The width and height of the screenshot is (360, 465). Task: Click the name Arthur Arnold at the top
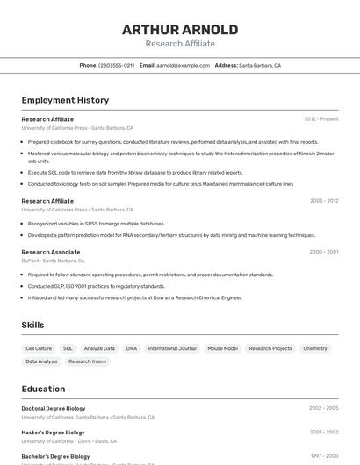pyautogui.click(x=179, y=29)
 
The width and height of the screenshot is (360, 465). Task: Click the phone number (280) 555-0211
pyautogui.click(x=117, y=65)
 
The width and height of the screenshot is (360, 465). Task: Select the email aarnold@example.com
pyautogui.click(x=183, y=65)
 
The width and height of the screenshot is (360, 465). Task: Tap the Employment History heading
pyautogui.click(x=65, y=100)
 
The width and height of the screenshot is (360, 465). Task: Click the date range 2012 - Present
pyautogui.click(x=321, y=119)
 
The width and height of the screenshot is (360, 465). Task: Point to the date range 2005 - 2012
pyautogui.click(x=324, y=201)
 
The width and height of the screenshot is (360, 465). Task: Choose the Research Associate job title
pyautogui.click(x=51, y=252)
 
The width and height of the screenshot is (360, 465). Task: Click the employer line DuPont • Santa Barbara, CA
pyautogui.click(x=53, y=261)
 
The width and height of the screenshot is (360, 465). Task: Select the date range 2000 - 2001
pyautogui.click(x=324, y=252)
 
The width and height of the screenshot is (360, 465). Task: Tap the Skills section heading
pyautogui.click(x=33, y=325)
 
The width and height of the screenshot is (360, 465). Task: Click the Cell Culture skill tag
pyautogui.click(x=39, y=348)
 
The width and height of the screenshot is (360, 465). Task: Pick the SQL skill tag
pyautogui.click(x=68, y=348)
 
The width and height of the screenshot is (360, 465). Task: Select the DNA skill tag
pyautogui.click(x=132, y=348)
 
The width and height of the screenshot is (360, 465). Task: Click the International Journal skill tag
pyautogui.click(x=172, y=348)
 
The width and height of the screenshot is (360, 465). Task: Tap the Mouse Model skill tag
pyautogui.click(x=222, y=348)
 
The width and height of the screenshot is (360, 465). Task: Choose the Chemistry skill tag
pyautogui.click(x=315, y=348)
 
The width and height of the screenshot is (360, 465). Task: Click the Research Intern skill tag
pyautogui.click(x=87, y=361)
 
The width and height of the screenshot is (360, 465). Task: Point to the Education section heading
pyautogui.click(x=43, y=389)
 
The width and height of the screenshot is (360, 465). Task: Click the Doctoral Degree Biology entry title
pyautogui.click(x=54, y=408)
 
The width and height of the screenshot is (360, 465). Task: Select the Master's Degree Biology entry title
pyautogui.click(x=54, y=433)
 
